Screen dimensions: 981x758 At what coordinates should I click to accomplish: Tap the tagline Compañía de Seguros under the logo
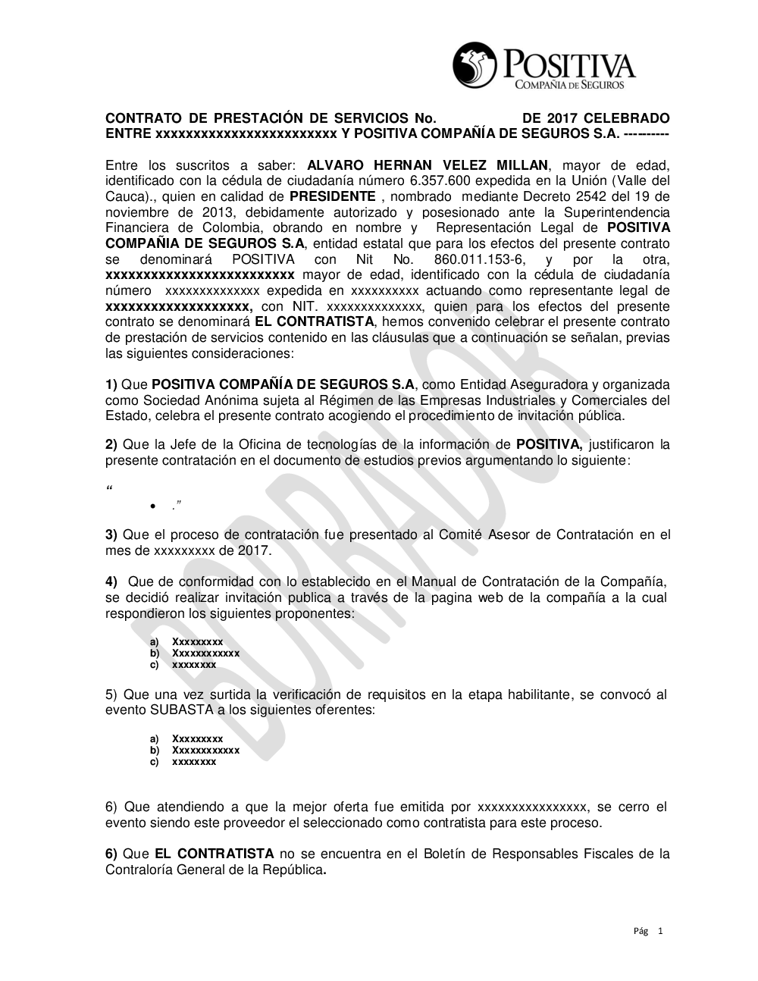[x=569, y=85]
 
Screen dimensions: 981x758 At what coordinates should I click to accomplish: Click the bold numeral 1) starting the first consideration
[x=111, y=384]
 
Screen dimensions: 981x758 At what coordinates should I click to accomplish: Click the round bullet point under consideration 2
[x=153, y=506]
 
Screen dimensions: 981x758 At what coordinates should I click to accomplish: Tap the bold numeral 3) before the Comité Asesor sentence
[x=111, y=535]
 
